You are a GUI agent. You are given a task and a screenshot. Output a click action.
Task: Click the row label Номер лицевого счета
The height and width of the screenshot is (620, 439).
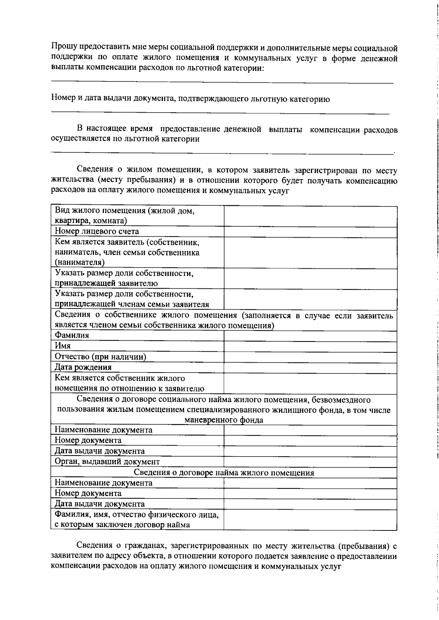97,232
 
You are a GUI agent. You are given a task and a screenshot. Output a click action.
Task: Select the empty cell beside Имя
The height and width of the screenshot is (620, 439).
310,347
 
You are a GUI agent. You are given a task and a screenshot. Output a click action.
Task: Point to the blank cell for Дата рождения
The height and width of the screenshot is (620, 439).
310,368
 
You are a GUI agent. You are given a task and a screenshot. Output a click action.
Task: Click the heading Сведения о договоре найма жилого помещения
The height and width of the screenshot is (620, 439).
224,473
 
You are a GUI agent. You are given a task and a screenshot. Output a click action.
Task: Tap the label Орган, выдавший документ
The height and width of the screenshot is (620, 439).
107,462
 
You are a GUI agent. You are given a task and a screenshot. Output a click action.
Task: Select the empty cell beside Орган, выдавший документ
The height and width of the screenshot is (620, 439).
310,462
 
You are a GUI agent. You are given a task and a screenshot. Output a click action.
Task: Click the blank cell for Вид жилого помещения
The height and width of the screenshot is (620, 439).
310,216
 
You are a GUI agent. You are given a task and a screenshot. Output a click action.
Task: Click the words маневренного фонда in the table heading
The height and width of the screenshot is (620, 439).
224,420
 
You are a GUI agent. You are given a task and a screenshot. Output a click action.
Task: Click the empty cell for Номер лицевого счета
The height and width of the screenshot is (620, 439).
310,232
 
